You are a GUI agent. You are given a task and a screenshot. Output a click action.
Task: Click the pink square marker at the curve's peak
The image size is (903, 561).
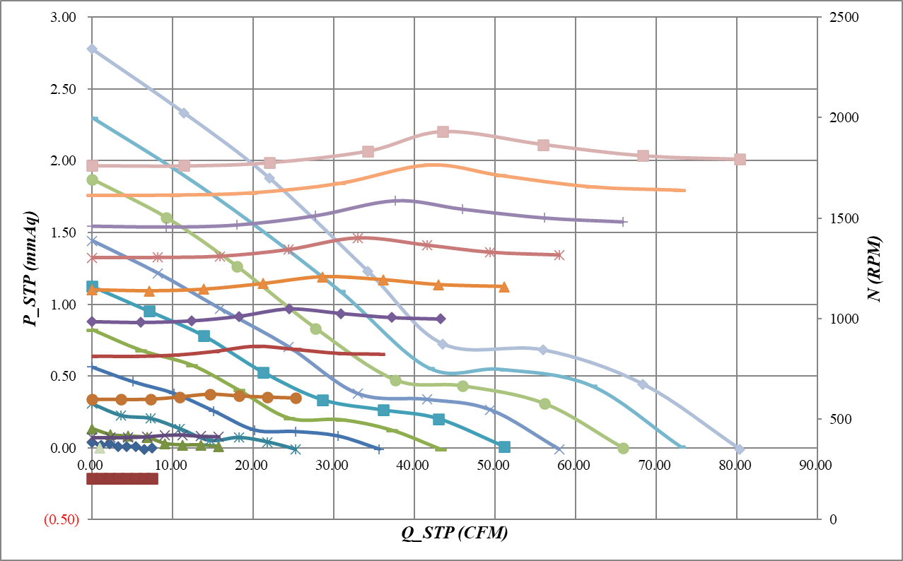(443, 132)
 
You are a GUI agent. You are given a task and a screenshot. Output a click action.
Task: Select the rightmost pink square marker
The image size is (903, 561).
(740, 159)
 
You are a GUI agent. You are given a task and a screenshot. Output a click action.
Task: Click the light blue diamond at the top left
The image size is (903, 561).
(92, 49)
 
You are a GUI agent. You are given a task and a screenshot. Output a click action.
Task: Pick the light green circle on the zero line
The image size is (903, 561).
(623, 448)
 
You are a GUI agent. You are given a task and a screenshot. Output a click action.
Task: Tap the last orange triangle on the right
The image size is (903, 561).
(504, 287)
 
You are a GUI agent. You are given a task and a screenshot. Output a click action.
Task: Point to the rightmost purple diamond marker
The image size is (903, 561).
(441, 319)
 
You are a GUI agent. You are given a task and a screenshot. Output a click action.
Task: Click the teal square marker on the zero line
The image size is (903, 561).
(504, 447)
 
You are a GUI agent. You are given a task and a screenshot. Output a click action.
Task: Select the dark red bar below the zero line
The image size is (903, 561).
(122, 479)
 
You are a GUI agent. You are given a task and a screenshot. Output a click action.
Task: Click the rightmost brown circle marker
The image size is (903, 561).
(296, 398)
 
